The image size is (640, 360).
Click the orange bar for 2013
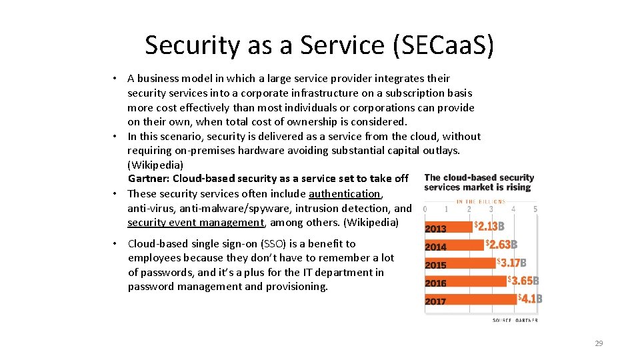(x=448, y=227)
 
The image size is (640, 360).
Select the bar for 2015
(x=460, y=264)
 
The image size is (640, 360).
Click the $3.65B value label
(x=523, y=281)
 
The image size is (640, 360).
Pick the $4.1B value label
(x=531, y=299)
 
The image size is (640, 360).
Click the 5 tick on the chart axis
(x=535, y=209)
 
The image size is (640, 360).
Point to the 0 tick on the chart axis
(x=425, y=209)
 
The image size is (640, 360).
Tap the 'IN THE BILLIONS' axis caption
(x=481, y=201)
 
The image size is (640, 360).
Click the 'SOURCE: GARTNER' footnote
(x=515, y=321)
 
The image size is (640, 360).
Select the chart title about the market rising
(x=479, y=182)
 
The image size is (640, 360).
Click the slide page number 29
(x=598, y=343)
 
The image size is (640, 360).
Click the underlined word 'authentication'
(x=345, y=193)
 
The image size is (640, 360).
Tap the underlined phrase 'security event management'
(x=196, y=222)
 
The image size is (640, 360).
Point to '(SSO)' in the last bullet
(x=283, y=243)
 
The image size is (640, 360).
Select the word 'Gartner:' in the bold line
(x=149, y=178)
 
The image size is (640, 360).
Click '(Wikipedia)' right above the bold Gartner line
(x=155, y=164)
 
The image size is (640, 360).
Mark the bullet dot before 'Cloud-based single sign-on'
(x=115, y=243)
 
